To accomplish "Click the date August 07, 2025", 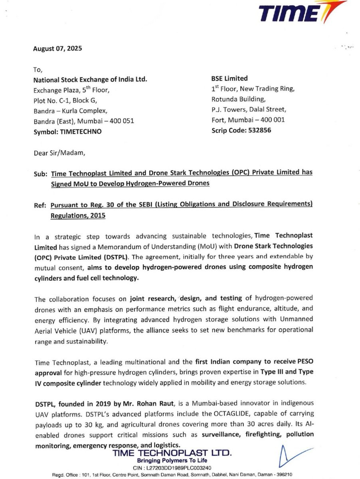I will coord(57,49).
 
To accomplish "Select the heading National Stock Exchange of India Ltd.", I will coord(90,79).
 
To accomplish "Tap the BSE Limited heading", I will coord(229,78).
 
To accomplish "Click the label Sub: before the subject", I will coord(41,173).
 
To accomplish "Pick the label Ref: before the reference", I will coord(41,205).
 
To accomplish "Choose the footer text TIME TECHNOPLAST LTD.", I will coord(172,453).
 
